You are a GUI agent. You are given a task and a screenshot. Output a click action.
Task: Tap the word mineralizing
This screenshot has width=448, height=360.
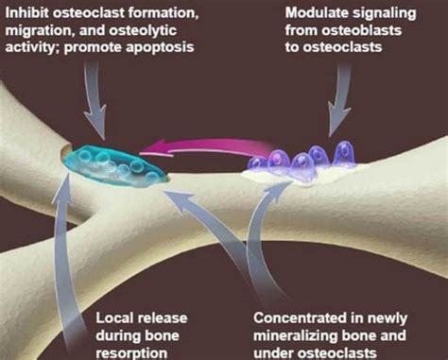[299, 325]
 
